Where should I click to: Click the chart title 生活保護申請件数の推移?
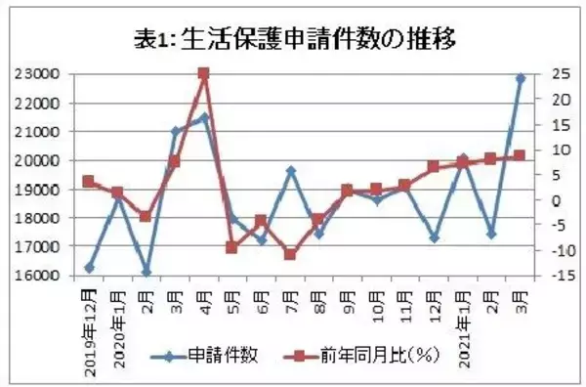pyautogui.click(x=294, y=39)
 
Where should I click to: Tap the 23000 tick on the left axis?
pyautogui.click(x=42, y=74)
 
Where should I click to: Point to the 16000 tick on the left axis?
pyautogui.click(x=42, y=276)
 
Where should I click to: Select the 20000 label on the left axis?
pyautogui.click(x=42, y=160)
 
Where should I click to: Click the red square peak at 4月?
pyautogui.click(x=203, y=73)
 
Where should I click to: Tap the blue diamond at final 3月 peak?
pyautogui.click(x=520, y=77)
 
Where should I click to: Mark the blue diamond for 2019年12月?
pyautogui.click(x=89, y=268)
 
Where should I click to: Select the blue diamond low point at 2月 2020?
pyautogui.click(x=146, y=272)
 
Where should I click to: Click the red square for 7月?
pyautogui.click(x=290, y=254)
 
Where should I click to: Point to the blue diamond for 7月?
pyautogui.click(x=290, y=170)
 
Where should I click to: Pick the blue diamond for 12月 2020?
pyautogui.click(x=434, y=237)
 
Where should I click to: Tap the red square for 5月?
pyautogui.click(x=232, y=247)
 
